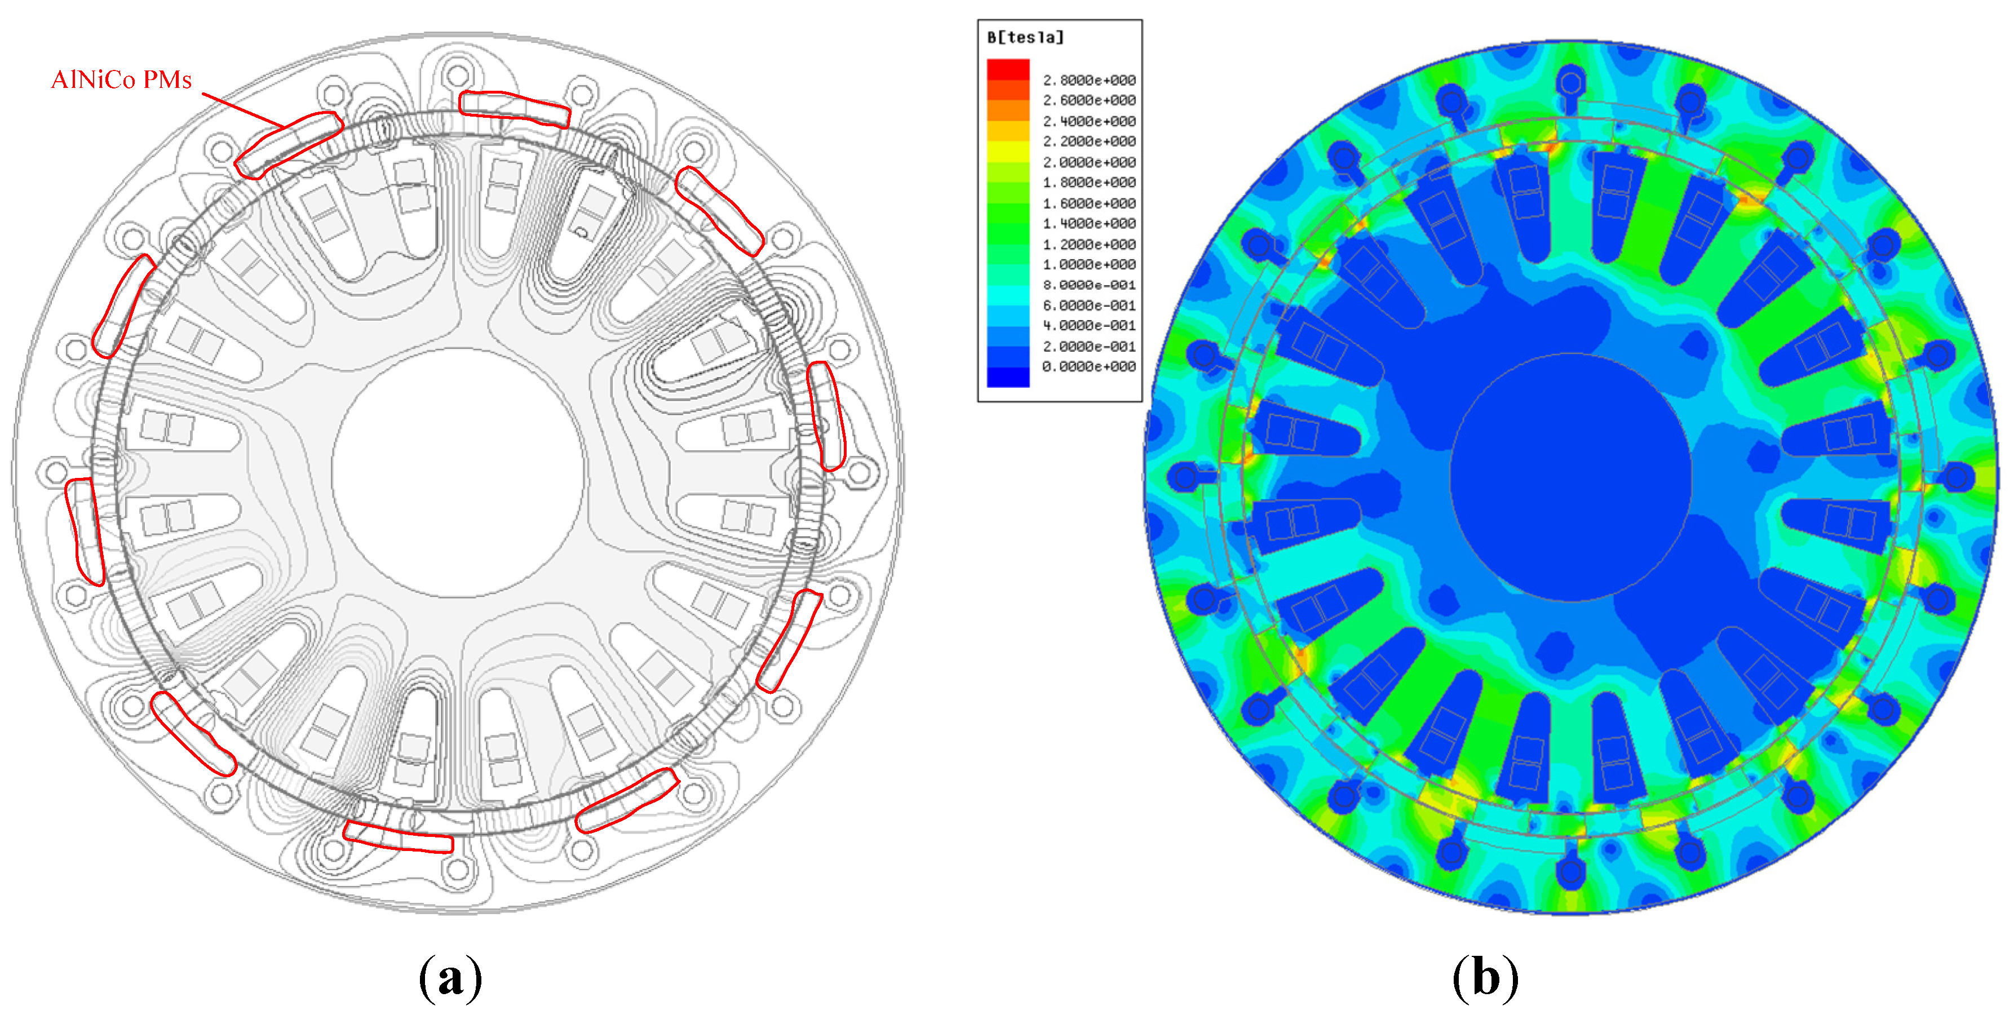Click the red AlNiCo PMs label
point(121,80)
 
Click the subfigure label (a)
point(450,977)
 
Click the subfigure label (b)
point(1485,977)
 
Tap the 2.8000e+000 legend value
point(1089,81)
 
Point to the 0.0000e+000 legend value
point(1089,367)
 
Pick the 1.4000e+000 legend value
point(1089,224)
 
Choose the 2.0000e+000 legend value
point(1089,162)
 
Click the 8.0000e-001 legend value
point(1089,285)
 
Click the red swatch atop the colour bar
point(1008,69)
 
